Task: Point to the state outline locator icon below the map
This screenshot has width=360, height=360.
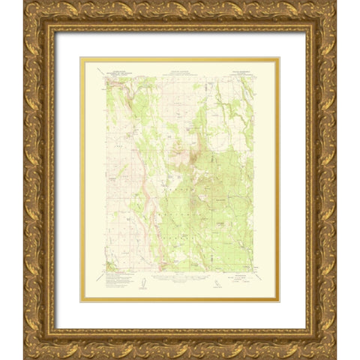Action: [217, 284]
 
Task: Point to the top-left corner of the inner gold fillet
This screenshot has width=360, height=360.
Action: [82, 59]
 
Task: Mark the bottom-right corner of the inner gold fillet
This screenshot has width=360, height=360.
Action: [278, 301]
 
